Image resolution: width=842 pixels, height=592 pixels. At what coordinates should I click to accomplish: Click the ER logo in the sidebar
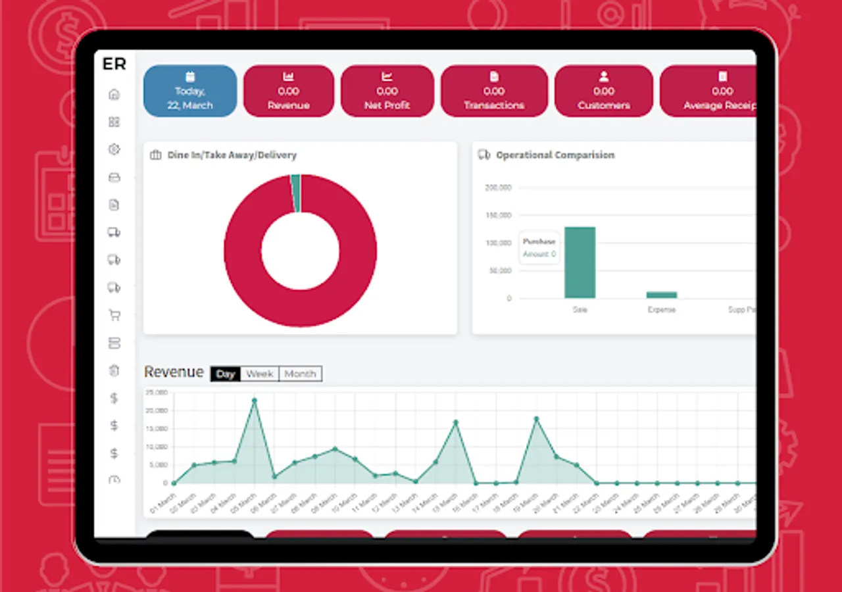coord(114,64)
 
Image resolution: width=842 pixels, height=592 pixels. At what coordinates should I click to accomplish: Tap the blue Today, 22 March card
coord(190,91)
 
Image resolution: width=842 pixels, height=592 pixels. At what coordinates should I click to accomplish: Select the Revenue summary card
coord(288,91)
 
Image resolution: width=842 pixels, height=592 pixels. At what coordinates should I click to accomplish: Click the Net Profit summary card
coord(387,91)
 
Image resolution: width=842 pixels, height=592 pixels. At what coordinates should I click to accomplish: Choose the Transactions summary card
coord(494,91)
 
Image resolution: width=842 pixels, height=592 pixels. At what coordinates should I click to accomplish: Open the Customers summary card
coord(604,91)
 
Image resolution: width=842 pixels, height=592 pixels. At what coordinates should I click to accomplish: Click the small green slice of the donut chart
coord(296,193)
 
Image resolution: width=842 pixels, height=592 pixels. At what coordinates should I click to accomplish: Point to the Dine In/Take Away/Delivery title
coord(232,155)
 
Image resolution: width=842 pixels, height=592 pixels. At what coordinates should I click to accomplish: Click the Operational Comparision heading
coord(555,155)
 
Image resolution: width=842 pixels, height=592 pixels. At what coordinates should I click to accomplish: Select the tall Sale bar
coord(580,262)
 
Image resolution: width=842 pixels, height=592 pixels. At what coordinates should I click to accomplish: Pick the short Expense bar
coord(661,295)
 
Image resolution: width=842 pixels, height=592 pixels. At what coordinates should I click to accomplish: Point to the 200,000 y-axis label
coord(498,187)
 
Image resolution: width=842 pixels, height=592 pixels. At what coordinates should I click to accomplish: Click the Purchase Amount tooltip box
coord(539,247)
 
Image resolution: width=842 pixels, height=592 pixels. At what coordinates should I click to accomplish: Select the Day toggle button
coord(226,374)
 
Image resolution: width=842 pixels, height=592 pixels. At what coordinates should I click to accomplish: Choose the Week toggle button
coord(260,374)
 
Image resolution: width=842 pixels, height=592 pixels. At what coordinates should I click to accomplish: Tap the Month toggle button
coord(301,374)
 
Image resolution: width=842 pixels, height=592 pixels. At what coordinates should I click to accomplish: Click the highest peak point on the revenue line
coord(255,400)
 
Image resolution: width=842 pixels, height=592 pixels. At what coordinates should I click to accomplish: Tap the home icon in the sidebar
coord(114,94)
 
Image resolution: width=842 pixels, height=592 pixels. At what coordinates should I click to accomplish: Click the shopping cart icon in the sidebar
coord(114,315)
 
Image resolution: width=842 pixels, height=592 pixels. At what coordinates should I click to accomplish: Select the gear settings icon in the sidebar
coord(114,149)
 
